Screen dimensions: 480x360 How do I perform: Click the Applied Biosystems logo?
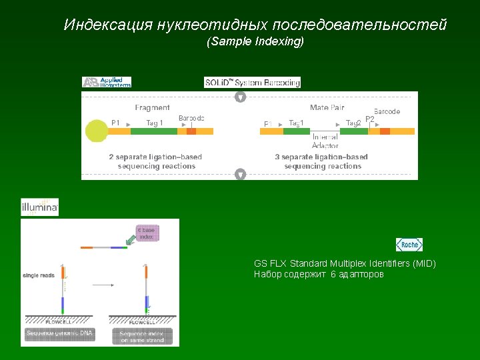click(x=107, y=82)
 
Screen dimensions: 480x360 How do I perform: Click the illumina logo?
click(x=40, y=207)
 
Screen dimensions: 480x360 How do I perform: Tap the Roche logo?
click(x=409, y=245)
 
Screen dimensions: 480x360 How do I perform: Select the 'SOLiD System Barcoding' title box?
click(x=253, y=83)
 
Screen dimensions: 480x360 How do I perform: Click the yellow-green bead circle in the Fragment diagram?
click(x=97, y=131)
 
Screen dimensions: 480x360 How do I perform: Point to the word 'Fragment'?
click(x=152, y=107)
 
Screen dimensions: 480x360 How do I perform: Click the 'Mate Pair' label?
click(x=327, y=107)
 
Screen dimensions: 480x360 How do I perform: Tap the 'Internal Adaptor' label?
click(x=325, y=141)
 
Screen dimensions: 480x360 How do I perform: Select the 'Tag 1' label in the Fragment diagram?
click(x=154, y=123)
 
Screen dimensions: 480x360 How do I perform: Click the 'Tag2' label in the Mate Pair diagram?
click(x=353, y=123)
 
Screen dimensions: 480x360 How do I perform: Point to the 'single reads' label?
click(x=39, y=275)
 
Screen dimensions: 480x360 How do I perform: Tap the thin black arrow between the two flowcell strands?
click(x=103, y=285)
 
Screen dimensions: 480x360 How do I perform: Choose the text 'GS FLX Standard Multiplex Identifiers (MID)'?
click(x=345, y=263)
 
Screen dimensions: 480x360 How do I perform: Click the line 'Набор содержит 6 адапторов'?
click(x=319, y=274)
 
